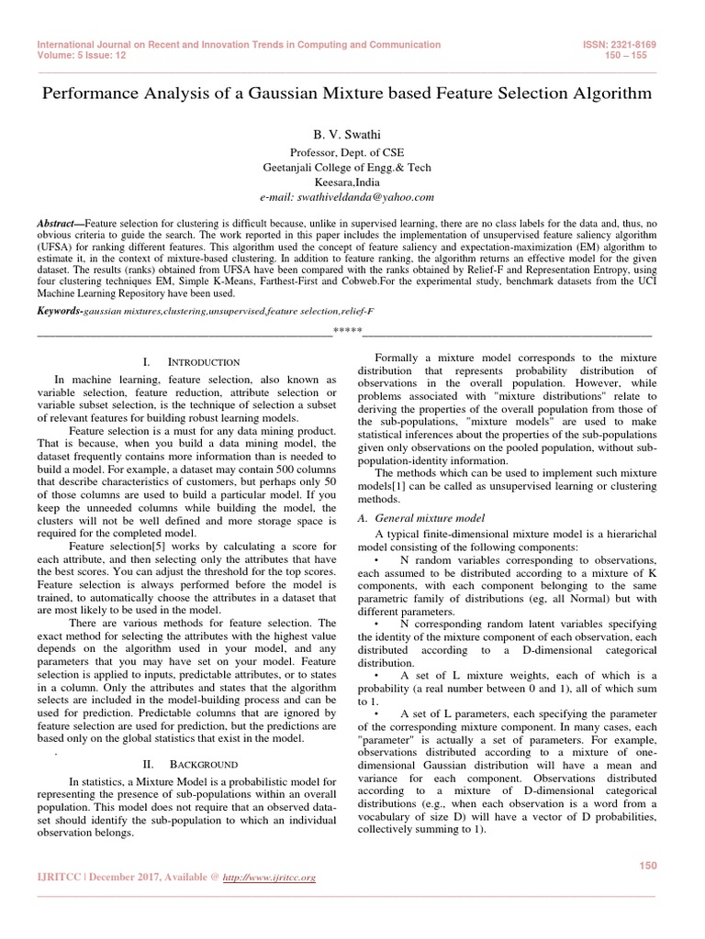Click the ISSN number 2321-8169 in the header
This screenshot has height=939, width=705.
click(642, 44)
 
